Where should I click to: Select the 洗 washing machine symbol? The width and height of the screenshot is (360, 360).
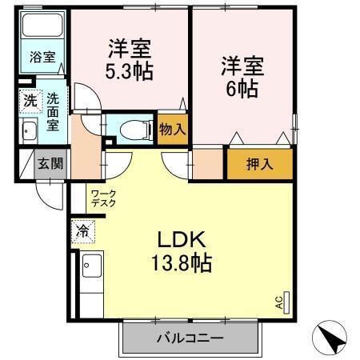[29, 102]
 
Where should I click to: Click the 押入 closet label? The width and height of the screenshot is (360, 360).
[258, 165]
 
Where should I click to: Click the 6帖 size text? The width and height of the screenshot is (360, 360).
[240, 88]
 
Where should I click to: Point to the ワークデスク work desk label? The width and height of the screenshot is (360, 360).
[103, 198]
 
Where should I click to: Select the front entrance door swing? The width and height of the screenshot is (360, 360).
[50, 192]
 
